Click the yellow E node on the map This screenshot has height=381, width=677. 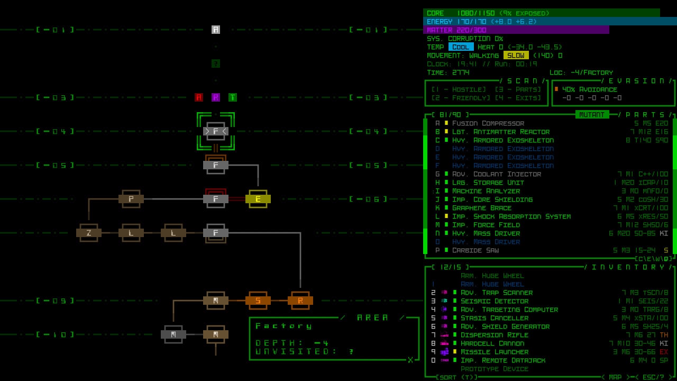(258, 199)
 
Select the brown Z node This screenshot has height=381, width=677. (89, 233)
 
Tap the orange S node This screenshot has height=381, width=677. (258, 301)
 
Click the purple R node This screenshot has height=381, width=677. (216, 97)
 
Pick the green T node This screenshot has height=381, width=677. (233, 97)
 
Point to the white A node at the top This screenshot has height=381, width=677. (216, 30)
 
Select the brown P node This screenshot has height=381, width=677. (131, 199)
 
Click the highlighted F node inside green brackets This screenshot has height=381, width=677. (216, 131)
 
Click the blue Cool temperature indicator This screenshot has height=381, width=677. (461, 47)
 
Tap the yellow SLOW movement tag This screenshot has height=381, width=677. (516, 56)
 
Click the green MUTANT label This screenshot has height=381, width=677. (592, 114)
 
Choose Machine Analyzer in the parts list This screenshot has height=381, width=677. (486, 191)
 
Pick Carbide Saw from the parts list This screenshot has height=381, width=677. (475, 250)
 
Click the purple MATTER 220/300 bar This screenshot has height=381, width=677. (516, 30)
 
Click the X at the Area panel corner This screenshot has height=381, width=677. (410, 360)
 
